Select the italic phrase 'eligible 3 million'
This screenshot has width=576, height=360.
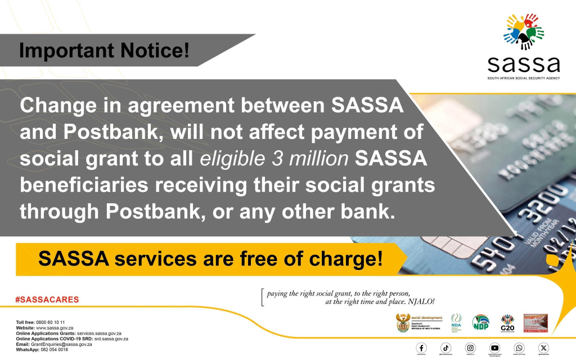tap(274, 159)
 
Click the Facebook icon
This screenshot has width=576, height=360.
tap(421, 348)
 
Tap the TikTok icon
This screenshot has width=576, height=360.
tap(445, 348)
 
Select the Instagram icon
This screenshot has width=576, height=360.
tap(470, 348)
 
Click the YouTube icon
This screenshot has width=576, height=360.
tap(494, 348)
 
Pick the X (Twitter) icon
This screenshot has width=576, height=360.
tap(543, 348)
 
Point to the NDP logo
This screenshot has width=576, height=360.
tap(480, 322)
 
